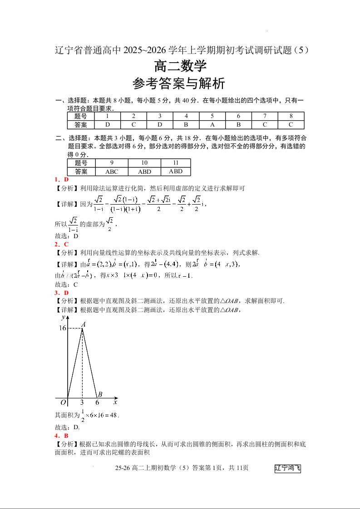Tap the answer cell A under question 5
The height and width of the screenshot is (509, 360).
(x=212, y=125)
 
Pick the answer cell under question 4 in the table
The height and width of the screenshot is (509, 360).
(x=186, y=125)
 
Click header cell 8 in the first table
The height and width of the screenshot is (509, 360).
(x=291, y=116)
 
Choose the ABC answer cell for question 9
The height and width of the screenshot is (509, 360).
(x=112, y=171)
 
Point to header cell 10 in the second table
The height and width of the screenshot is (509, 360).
(x=144, y=163)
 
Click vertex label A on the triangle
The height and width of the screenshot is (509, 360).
(x=84, y=324)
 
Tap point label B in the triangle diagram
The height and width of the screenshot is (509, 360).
(x=100, y=394)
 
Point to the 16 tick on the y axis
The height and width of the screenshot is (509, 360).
(x=62, y=328)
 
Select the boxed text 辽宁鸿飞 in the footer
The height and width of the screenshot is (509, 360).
(x=288, y=468)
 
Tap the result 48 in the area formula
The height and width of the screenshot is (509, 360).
(x=113, y=415)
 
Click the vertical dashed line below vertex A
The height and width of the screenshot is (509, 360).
(x=82, y=363)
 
